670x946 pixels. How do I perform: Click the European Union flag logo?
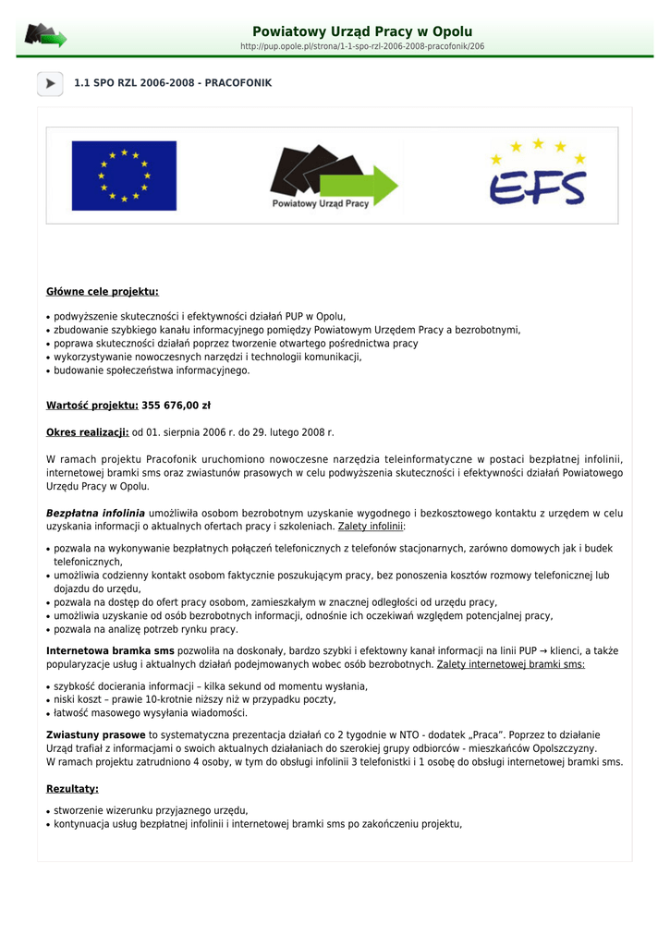coord(124,176)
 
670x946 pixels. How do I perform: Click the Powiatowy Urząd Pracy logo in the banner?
coord(333,176)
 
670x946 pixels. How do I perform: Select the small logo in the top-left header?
coord(45,36)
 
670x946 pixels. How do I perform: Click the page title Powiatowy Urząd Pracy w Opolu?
coord(362,31)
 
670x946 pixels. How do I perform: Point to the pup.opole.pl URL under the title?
coord(362,46)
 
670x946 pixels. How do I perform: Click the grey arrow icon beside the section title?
coord(50,83)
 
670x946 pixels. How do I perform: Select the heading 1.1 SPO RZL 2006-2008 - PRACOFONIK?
coord(173,83)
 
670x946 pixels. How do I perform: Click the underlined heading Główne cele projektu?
coord(103,292)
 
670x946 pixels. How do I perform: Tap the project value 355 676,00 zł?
coord(177,405)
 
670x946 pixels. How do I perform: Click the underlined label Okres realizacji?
coord(88,432)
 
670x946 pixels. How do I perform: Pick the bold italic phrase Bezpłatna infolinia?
coord(95,513)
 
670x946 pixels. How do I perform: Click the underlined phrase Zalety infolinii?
coord(372,527)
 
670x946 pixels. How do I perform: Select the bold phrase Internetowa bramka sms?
coord(110,650)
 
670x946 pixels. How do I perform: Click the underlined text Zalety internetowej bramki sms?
coord(511,664)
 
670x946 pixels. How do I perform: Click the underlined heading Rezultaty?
coord(72,789)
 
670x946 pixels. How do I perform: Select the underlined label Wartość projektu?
coord(92,405)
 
